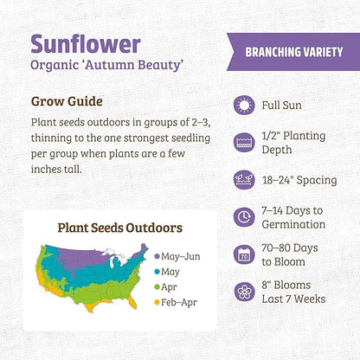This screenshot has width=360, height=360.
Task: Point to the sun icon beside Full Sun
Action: click(x=245, y=105)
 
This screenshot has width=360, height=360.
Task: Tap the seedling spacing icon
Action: click(x=245, y=180)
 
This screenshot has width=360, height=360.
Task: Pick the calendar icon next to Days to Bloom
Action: click(x=245, y=254)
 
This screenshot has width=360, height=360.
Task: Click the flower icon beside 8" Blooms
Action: click(x=245, y=292)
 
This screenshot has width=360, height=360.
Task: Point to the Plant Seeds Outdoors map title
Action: click(x=119, y=228)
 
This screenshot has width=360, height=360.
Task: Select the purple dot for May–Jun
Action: click(x=156, y=256)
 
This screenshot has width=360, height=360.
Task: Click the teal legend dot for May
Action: click(x=156, y=271)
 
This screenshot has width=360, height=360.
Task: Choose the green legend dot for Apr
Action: click(x=156, y=286)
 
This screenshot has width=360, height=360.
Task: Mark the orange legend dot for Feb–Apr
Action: click(x=156, y=302)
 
